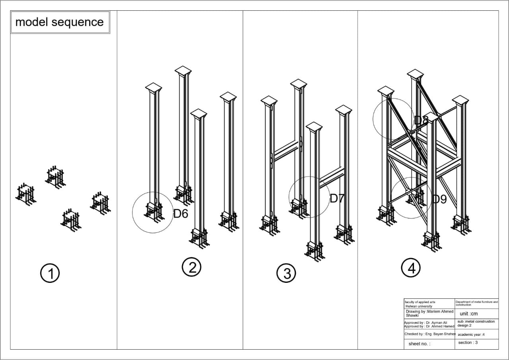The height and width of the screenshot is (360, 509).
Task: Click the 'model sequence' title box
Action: tap(60, 22)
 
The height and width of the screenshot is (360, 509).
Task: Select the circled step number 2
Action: tap(192, 267)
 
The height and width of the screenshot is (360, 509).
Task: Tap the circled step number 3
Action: tap(286, 273)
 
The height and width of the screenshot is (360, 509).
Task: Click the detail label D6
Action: tap(181, 214)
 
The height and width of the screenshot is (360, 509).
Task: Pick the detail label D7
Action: tap(336, 198)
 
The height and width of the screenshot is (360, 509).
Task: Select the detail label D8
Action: tap(421, 121)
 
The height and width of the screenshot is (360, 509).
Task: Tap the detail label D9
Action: tap(439, 199)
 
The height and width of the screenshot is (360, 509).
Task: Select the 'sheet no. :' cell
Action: tap(419, 344)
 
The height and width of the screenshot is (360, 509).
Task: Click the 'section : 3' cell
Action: tap(468, 342)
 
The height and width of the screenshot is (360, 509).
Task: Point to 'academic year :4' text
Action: tap(471, 335)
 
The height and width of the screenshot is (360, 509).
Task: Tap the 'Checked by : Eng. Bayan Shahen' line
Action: tap(429, 334)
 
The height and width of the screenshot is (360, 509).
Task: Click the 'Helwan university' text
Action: tap(418, 307)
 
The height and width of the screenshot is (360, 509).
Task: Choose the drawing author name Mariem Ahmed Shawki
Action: tap(429, 313)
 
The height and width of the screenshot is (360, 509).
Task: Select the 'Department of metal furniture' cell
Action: tap(476, 304)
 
